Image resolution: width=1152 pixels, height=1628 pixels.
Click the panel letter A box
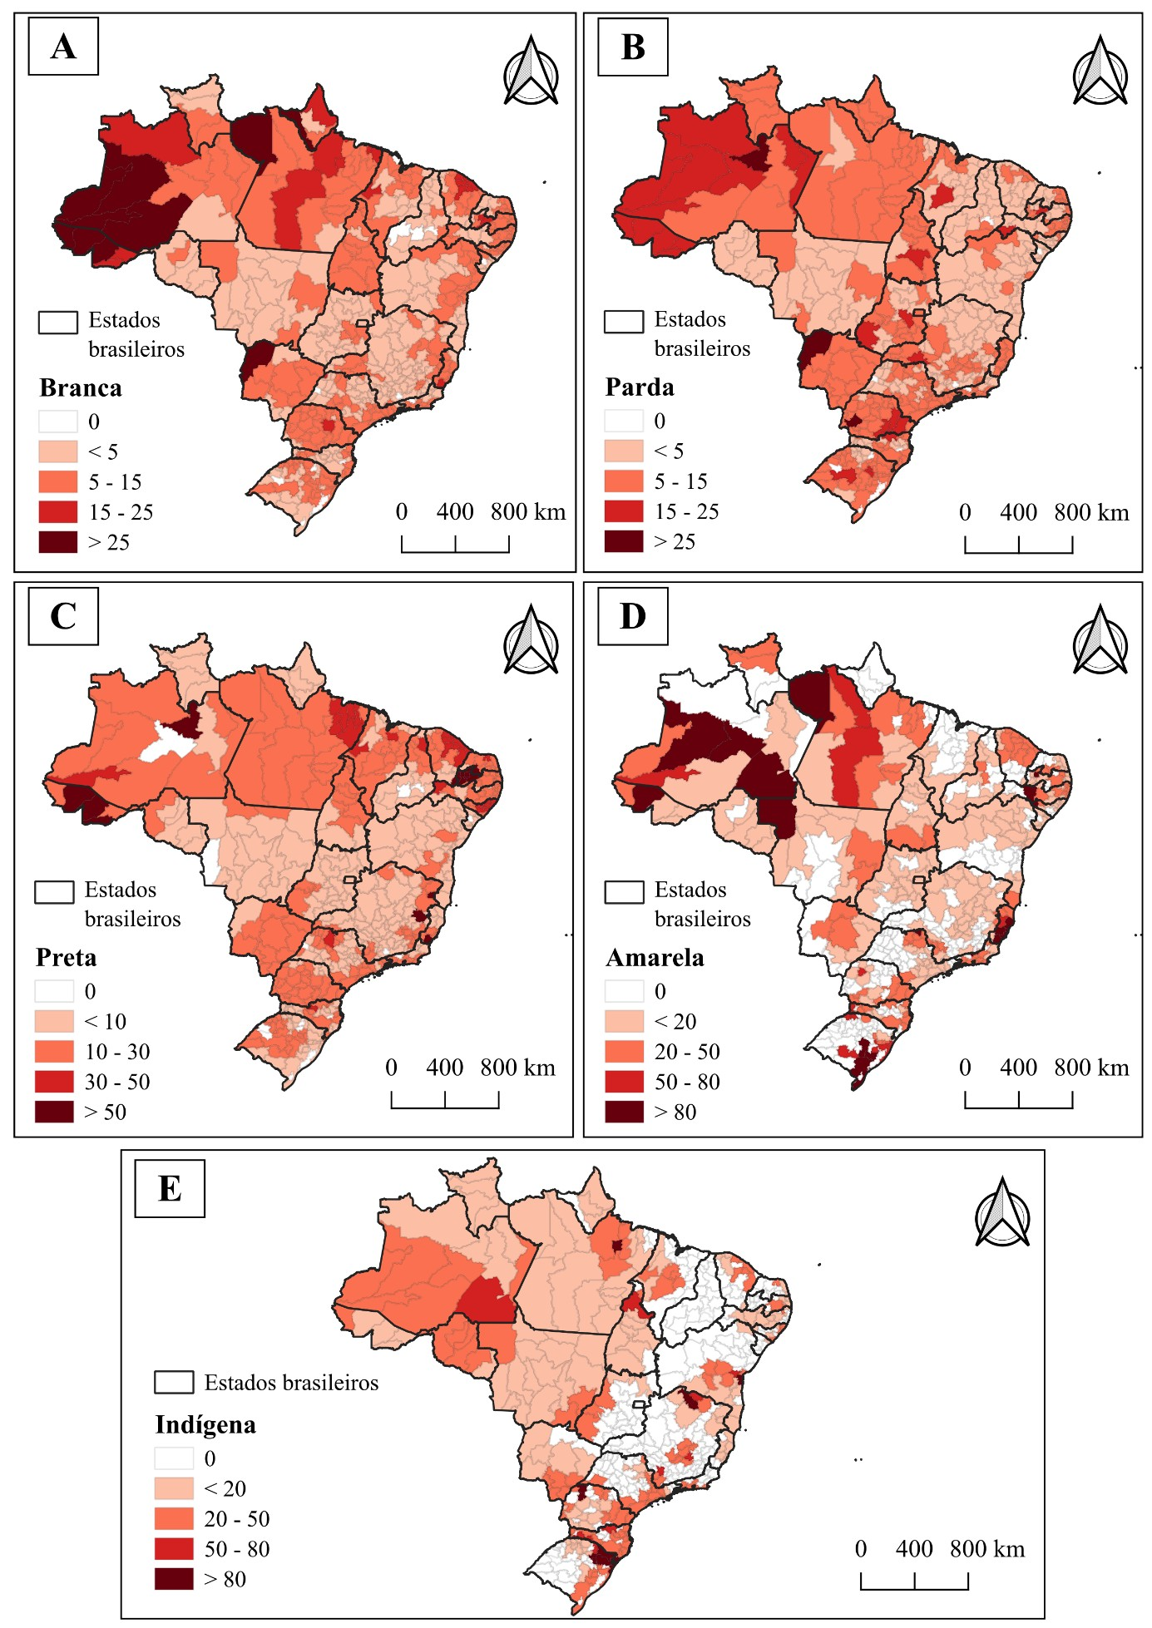(x=63, y=47)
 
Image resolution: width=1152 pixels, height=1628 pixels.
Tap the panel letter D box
(x=633, y=616)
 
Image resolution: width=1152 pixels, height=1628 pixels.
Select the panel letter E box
(x=170, y=1188)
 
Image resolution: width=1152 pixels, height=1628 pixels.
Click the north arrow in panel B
(x=1100, y=71)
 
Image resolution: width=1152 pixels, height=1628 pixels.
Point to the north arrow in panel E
(x=1003, y=1211)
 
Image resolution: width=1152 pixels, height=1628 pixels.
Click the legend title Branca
(x=81, y=388)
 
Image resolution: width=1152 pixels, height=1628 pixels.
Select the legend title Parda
(x=640, y=387)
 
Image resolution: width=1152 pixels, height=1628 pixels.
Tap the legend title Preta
(x=66, y=958)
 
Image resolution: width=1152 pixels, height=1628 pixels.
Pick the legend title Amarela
(x=655, y=958)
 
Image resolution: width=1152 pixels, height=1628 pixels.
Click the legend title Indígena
(x=205, y=1425)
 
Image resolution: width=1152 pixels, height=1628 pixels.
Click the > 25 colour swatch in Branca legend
(x=58, y=542)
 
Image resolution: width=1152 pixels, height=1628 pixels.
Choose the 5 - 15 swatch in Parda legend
(x=624, y=481)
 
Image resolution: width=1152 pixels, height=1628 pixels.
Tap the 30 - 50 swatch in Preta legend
(x=54, y=1082)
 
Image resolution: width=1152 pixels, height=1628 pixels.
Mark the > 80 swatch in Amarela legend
(x=624, y=1112)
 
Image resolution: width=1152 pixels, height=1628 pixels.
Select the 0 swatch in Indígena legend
(x=174, y=1458)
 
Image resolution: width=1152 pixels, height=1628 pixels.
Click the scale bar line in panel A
(x=455, y=551)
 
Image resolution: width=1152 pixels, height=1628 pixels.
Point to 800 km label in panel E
(x=987, y=1549)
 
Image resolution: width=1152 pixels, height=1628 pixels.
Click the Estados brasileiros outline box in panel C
(x=54, y=892)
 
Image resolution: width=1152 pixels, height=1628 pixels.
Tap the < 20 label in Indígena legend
(x=225, y=1488)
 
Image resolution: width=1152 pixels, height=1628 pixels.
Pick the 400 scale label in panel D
(x=1018, y=1068)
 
